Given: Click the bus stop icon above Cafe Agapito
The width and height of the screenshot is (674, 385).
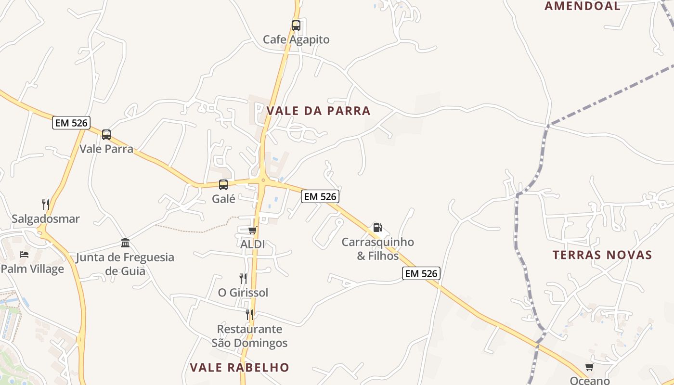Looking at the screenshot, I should pyautogui.click(x=296, y=26).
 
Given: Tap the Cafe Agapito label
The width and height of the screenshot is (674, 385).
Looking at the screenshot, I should pyautogui.click(x=296, y=39).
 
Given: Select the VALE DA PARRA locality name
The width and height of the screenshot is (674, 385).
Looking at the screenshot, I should pyautogui.click(x=318, y=111).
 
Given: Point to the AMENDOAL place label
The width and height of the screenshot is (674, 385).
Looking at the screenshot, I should pyautogui.click(x=583, y=6).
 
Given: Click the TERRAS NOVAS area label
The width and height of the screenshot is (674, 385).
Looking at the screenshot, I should pyautogui.click(x=602, y=255).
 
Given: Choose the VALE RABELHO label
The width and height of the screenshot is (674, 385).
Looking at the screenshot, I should pyautogui.click(x=239, y=368).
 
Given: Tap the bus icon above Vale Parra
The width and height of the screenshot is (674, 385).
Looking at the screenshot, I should pyautogui.click(x=106, y=135).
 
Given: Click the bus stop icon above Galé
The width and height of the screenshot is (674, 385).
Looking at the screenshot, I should pyautogui.click(x=223, y=184).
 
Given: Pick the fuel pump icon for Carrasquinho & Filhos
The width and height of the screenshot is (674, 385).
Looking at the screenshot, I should pyautogui.click(x=377, y=228).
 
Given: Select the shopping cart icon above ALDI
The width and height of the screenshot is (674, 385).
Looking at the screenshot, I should pyautogui.click(x=252, y=231).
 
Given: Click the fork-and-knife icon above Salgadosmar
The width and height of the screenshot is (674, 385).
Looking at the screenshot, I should pyautogui.click(x=46, y=205).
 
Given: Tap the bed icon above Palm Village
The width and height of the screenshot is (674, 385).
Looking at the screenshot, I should pyautogui.click(x=24, y=255).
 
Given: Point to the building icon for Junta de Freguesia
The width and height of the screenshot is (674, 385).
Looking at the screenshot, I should pyautogui.click(x=125, y=243).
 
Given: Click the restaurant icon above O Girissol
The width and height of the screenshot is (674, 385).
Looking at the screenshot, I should pyautogui.click(x=243, y=278).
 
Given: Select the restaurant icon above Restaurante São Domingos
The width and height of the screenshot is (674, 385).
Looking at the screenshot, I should pyautogui.click(x=249, y=315).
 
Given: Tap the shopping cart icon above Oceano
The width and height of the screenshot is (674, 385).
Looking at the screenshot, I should pyautogui.click(x=589, y=367).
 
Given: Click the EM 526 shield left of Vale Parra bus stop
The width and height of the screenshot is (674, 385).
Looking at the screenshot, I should pyautogui.click(x=71, y=123).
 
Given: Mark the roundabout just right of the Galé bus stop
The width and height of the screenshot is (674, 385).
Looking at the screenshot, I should pyautogui.click(x=262, y=180).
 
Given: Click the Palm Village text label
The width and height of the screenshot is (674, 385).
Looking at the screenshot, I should pyautogui.click(x=32, y=269).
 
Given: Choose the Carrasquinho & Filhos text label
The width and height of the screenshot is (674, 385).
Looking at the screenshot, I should pyautogui.click(x=377, y=249).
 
